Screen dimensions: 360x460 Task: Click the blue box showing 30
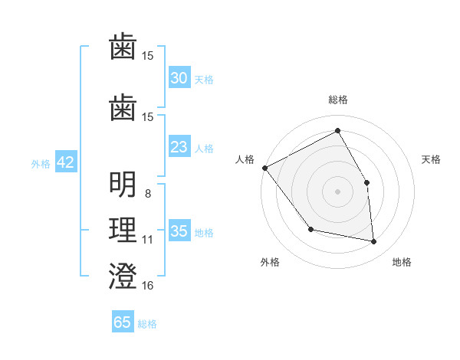[x=179, y=78]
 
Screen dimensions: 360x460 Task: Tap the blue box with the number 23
[x=179, y=147]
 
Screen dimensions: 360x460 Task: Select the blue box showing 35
[x=179, y=231]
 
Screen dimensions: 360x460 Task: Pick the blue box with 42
[x=65, y=162]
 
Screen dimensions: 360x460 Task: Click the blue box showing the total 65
[x=123, y=322]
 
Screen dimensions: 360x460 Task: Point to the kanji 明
[x=123, y=185]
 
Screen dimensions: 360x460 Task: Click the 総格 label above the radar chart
[x=337, y=100]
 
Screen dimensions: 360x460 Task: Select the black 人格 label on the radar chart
[x=245, y=159]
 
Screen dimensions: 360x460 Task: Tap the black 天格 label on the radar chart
[x=431, y=159]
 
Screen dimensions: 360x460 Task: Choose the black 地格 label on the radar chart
[x=402, y=262]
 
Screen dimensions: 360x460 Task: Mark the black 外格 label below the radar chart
[x=270, y=262]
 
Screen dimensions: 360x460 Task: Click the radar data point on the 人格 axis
[x=264, y=168]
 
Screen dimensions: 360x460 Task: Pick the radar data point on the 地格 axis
[x=374, y=242]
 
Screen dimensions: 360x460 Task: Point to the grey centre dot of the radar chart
[x=337, y=191]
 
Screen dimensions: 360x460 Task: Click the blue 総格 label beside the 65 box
[x=147, y=324]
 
